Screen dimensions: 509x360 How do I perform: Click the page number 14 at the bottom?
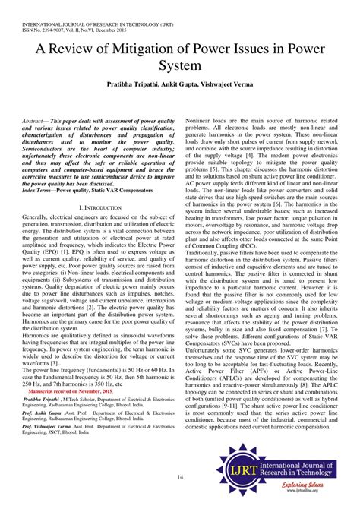coord(179,476)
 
